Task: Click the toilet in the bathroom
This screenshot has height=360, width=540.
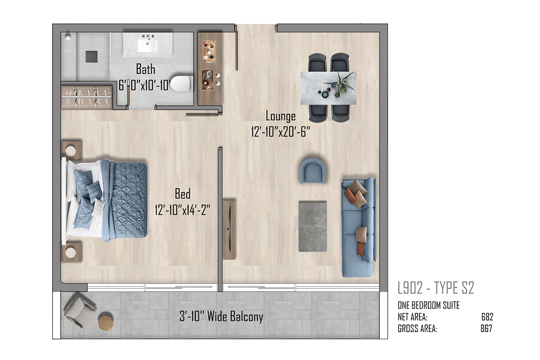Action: (181, 84)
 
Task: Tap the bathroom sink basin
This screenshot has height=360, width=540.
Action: (147, 45)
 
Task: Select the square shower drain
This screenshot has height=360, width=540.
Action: (92, 57)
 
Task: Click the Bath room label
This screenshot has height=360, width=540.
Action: (146, 69)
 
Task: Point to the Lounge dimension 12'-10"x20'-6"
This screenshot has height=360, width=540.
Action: (280, 132)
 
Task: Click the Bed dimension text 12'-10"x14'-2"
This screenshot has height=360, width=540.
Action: (183, 210)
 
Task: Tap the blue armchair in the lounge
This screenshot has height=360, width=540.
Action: (313, 171)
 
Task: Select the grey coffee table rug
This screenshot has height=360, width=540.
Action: (313, 227)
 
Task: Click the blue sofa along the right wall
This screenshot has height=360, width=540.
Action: (359, 227)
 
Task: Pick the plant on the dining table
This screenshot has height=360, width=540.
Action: (340, 85)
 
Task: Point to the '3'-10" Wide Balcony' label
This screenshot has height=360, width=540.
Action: (221, 317)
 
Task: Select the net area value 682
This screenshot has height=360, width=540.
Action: (487, 317)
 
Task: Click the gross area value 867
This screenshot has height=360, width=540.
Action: (486, 328)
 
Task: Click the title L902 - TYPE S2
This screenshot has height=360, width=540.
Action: (436, 288)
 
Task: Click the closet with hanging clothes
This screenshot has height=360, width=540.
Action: (86, 97)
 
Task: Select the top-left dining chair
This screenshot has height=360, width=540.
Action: (317, 63)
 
